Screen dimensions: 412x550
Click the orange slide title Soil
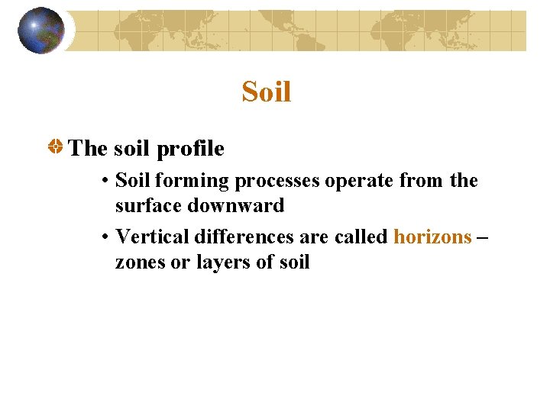click(x=267, y=92)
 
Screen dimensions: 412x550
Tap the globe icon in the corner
click(x=40, y=31)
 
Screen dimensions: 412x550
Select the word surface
click(x=147, y=206)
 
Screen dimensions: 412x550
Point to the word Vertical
click(x=150, y=237)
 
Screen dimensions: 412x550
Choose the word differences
click(x=238, y=237)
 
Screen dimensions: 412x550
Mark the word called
click(x=361, y=237)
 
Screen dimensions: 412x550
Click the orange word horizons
click(x=432, y=237)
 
